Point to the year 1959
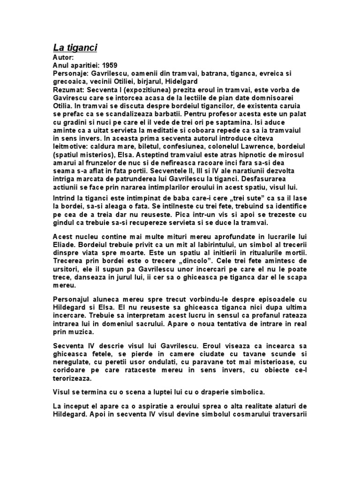click(113, 65)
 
